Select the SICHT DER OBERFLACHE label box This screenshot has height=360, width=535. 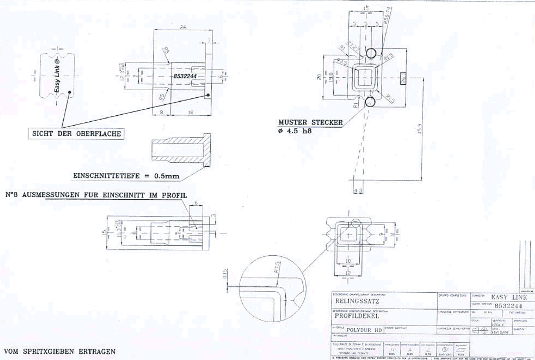pos(76,134)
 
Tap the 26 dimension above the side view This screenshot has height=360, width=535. pos(183,28)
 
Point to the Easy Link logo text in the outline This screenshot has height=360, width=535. pos(57,75)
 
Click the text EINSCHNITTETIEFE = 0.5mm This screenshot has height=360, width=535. pos(126,176)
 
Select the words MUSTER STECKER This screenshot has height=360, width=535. pos(310,122)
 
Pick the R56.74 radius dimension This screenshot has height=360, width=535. pos(387,16)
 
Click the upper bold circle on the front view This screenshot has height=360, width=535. pos(371,53)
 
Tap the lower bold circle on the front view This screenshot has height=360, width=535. pos(370,102)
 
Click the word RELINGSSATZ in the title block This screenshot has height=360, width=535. pos(352,301)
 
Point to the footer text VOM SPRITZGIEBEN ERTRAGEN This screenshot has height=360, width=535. pos(60,351)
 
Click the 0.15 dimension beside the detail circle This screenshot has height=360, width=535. pos(225,274)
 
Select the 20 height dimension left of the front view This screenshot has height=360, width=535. pos(319,77)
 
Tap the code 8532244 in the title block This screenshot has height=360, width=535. pos(508,306)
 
